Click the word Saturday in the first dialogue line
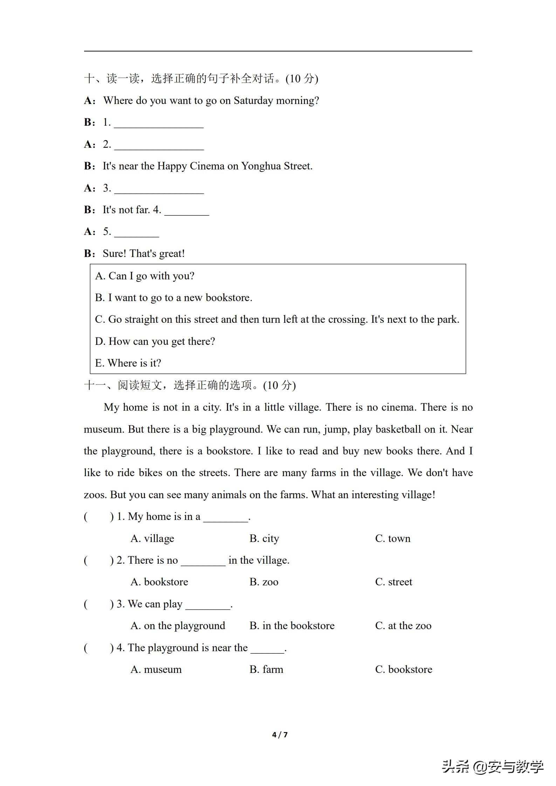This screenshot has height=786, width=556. point(253,100)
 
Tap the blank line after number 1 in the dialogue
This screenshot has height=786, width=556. point(159,124)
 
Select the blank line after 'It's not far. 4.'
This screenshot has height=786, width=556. point(186,211)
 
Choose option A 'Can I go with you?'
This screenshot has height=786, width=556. point(145,276)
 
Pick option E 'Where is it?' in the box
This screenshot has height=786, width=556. point(128,363)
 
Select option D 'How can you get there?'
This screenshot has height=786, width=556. point(155,341)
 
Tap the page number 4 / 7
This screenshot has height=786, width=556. point(280,735)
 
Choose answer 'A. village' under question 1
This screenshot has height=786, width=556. point(152,538)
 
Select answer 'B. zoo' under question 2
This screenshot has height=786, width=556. point(264,582)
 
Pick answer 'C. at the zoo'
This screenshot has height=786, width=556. point(403,626)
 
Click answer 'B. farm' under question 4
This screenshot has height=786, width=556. point(266,669)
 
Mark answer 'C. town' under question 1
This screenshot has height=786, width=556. point(392,538)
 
